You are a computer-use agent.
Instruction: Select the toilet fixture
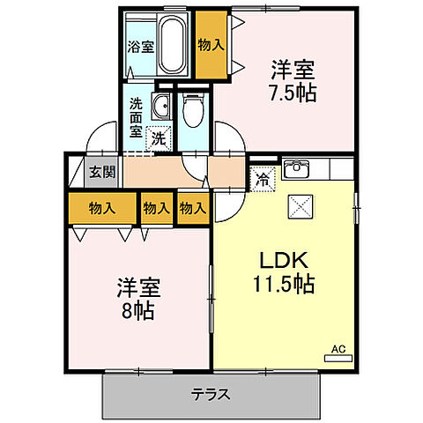click(x=193, y=110)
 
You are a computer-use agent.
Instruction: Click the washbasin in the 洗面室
click(x=161, y=108)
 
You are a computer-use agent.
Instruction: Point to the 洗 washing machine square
click(x=159, y=137)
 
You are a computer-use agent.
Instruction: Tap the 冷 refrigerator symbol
click(x=263, y=179)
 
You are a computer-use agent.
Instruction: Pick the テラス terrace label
click(x=211, y=395)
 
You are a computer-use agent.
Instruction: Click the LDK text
click(x=282, y=262)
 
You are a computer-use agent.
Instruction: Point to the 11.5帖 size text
click(x=282, y=285)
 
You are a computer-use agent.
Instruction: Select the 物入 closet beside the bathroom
click(x=209, y=45)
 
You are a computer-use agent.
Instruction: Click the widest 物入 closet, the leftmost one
click(x=101, y=208)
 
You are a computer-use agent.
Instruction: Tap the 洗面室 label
click(x=137, y=116)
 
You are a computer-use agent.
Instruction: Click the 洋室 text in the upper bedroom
click(x=292, y=67)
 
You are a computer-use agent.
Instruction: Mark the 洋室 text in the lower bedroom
click(x=140, y=287)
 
